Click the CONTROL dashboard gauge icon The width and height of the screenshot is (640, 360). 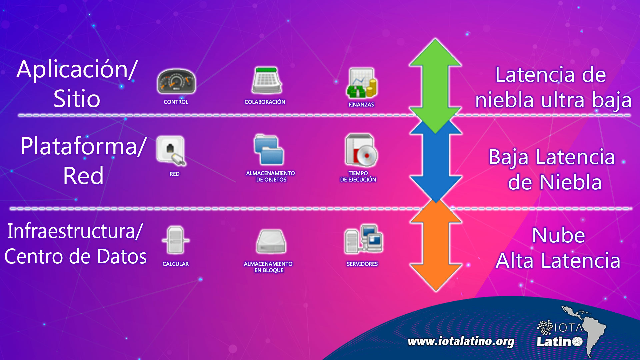(176, 81)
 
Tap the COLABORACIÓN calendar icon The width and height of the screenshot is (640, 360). (266, 80)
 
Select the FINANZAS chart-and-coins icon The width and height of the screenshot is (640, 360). (362, 83)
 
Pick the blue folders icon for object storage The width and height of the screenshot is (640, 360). (269, 150)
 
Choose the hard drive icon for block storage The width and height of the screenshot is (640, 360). (271, 241)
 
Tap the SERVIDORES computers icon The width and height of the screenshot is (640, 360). (364, 239)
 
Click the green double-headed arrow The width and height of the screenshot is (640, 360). (435, 86)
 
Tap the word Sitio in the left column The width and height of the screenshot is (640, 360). (77, 99)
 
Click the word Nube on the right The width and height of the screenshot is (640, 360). (558, 235)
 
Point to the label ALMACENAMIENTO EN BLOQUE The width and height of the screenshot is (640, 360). (268, 267)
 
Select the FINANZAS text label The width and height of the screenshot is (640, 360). (361, 105)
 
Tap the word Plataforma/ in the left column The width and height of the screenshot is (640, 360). (83, 146)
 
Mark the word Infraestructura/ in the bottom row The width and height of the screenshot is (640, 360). (75, 231)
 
